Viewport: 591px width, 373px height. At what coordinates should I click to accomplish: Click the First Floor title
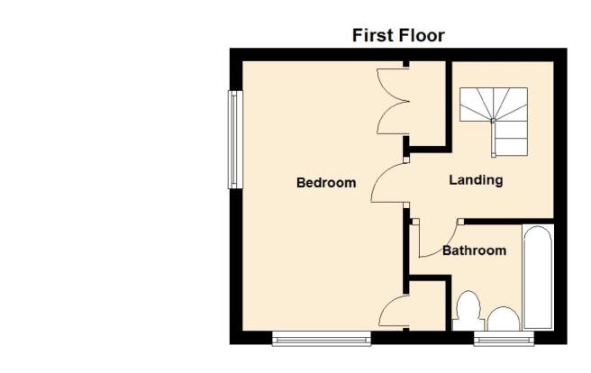pyautogui.click(x=398, y=35)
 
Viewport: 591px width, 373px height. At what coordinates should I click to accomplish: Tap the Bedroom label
pyautogui.click(x=326, y=183)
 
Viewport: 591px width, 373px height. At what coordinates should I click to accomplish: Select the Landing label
pyautogui.click(x=476, y=180)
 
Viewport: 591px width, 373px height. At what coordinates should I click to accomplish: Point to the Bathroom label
pyautogui.click(x=474, y=250)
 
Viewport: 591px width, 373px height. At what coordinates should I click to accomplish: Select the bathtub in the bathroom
pyautogui.click(x=538, y=277)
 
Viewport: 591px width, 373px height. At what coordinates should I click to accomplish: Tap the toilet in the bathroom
pyautogui.click(x=468, y=310)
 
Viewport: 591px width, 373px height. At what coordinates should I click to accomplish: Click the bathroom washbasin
pyautogui.click(x=504, y=319)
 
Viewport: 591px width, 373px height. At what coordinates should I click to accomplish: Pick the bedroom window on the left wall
pyautogui.click(x=235, y=140)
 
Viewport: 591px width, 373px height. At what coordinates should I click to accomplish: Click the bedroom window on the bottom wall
pyautogui.click(x=322, y=339)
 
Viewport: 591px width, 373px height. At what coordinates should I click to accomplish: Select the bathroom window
pyautogui.click(x=504, y=339)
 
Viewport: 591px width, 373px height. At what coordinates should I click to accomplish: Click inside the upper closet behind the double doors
pyautogui.click(x=428, y=104)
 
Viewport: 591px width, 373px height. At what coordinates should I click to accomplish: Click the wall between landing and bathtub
pyautogui.click(x=509, y=222)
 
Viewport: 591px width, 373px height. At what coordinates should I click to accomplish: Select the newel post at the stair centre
pyautogui.click(x=493, y=120)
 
